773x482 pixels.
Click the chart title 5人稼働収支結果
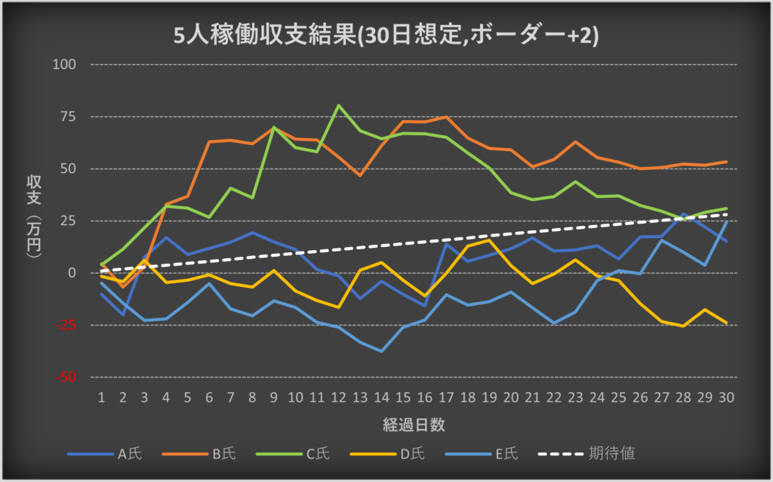click(x=386, y=36)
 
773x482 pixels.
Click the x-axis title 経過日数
click(x=413, y=425)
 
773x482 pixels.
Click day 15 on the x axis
click(x=403, y=397)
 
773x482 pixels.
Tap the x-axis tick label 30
click(x=726, y=397)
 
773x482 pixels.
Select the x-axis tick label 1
click(x=101, y=397)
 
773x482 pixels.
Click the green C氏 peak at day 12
click(x=338, y=105)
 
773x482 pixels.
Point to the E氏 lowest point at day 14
click(x=382, y=351)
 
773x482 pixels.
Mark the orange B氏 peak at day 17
click(x=446, y=117)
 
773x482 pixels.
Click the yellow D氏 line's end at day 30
click(x=726, y=323)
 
